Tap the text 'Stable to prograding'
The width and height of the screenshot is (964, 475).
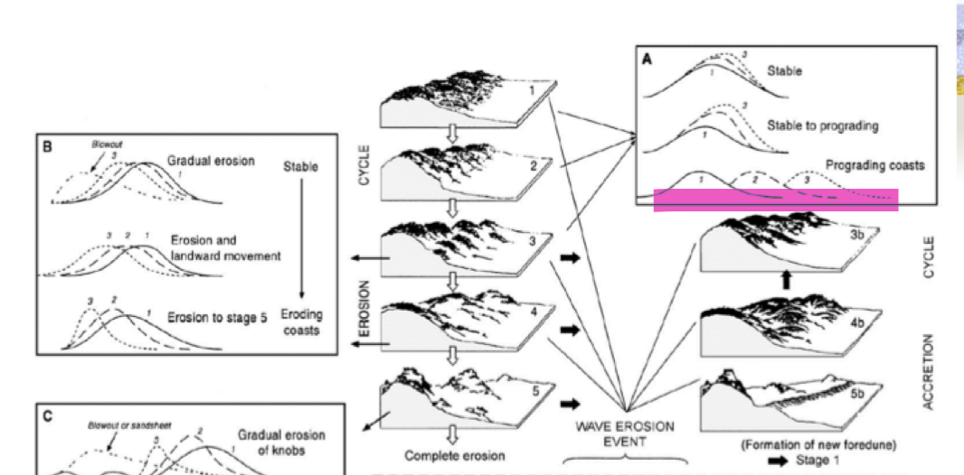822,126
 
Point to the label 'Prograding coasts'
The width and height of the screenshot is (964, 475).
874,166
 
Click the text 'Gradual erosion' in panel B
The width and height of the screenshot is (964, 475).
211,160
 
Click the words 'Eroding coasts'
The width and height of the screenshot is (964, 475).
302,322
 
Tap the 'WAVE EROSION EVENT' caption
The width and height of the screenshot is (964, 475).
625,434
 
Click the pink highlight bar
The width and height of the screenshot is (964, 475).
775,200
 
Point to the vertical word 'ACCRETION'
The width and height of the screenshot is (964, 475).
928,371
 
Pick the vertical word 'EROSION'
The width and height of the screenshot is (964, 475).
365,311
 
